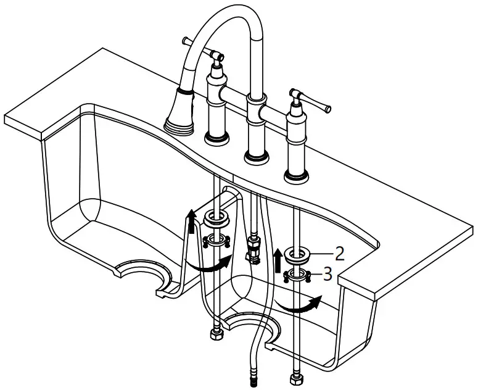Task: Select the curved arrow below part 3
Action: [299, 304]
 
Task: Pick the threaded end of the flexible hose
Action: [253, 380]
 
